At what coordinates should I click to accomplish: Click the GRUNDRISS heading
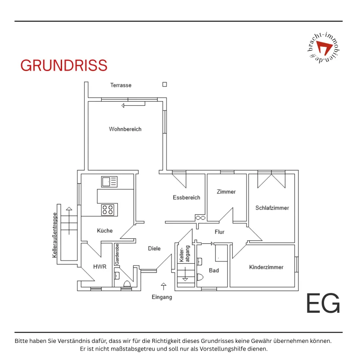pyautogui.click(x=64, y=65)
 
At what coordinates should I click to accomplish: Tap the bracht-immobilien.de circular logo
pyautogui.click(x=324, y=48)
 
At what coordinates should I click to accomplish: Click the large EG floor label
pyautogui.click(x=323, y=303)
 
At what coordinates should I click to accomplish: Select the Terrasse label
pyautogui.click(x=121, y=85)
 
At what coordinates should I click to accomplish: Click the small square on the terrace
pyautogui.click(x=165, y=85)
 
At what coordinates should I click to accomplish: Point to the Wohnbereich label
pyautogui.click(x=125, y=129)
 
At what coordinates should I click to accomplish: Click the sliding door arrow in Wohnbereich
pyautogui.click(x=133, y=105)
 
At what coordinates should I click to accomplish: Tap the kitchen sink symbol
pyautogui.click(x=109, y=182)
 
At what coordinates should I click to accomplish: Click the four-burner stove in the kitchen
pyautogui.click(x=108, y=210)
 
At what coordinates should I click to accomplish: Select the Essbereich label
pyautogui.click(x=186, y=198)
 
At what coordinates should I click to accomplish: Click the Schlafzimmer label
pyautogui.click(x=272, y=208)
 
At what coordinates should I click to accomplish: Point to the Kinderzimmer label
pyautogui.click(x=266, y=267)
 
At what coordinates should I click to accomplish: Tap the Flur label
pyautogui.click(x=220, y=232)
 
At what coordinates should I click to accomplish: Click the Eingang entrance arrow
pyautogui.click(x=163, y=286)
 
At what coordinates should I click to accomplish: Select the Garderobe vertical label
pyautogui.click(x=117, y=254)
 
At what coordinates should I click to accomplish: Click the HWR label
pyautogui.click(x=99, y=266)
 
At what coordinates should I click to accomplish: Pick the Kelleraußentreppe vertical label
pyautogui.click(x=54, y=235)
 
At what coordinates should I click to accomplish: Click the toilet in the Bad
pyautogui.click(x=200, y=277)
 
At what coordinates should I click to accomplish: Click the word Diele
pyautogui.click(x=154, y=248)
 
